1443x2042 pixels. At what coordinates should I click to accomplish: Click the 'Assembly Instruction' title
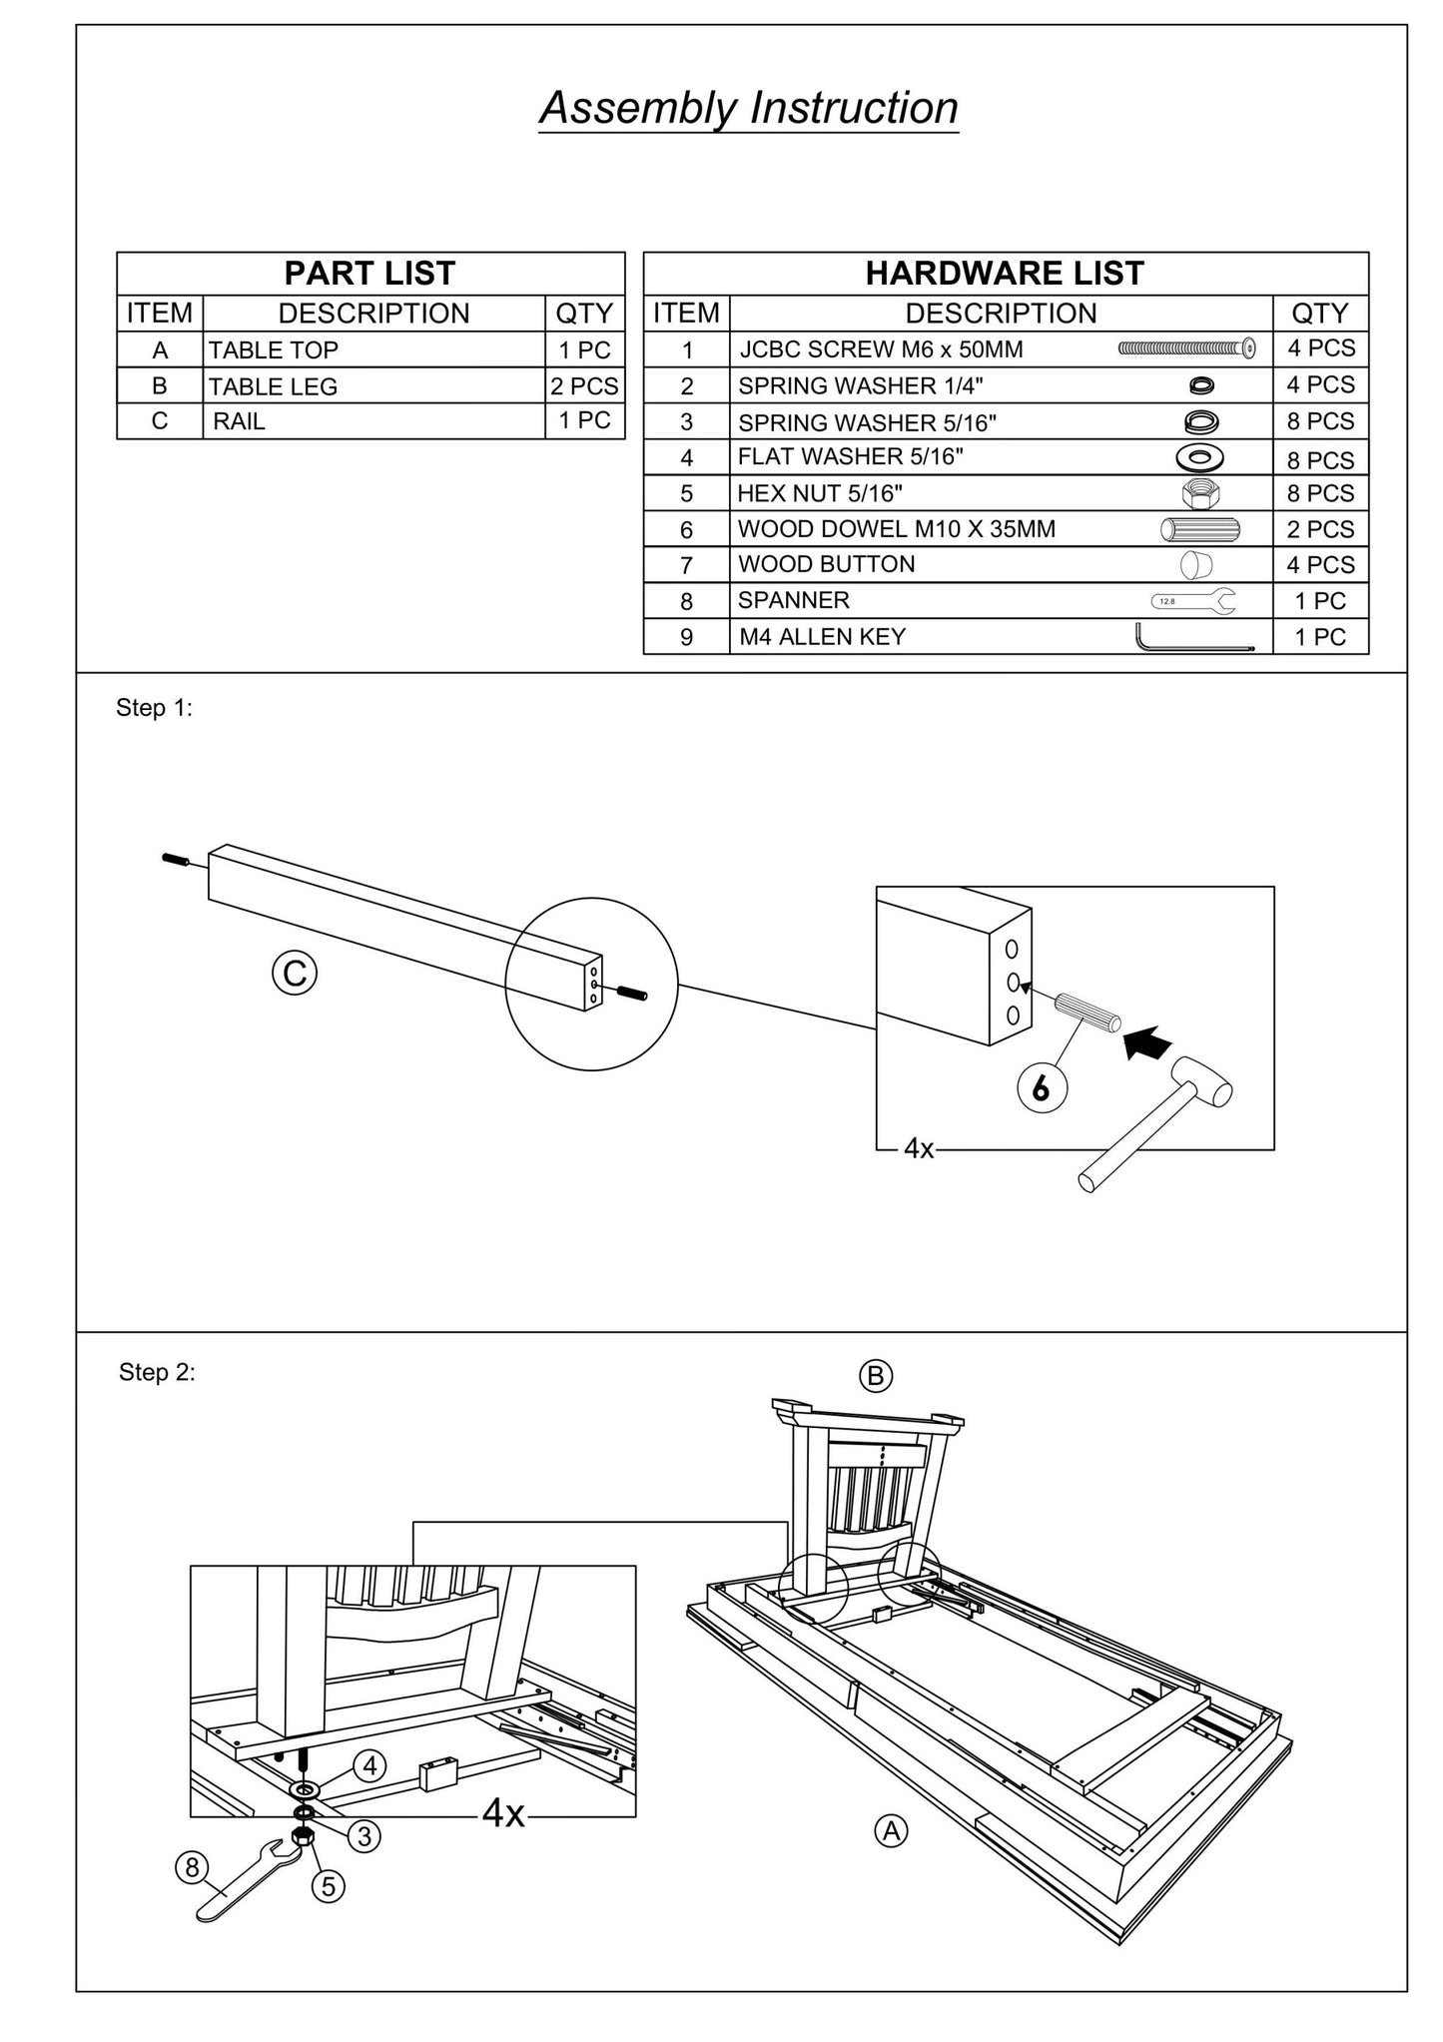[748, 109]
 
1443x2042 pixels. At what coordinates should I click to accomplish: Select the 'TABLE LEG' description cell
[273, 386]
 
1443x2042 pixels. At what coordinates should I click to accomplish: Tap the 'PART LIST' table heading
[369, 274]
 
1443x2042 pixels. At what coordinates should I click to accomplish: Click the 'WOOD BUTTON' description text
[826, 564]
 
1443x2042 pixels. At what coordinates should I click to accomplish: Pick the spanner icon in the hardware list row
[1192, 601]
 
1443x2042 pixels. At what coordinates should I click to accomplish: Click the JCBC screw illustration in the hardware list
[1186, 348]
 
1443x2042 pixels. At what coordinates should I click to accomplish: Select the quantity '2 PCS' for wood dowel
[1320, 529]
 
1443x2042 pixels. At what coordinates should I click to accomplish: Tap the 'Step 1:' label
[154, 708]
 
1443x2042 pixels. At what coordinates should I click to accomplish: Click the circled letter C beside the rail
[295, 973]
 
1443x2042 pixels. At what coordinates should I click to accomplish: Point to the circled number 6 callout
[1042, 1089]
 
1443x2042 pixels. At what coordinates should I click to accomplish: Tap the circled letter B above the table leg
[876, 1377]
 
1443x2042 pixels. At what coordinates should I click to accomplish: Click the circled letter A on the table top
[891, 1830]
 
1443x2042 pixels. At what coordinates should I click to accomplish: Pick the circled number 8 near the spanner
[192, 1866]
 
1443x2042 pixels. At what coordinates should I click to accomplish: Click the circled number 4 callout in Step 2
[369, 1766]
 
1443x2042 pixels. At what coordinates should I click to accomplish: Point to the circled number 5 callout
[328, 1886]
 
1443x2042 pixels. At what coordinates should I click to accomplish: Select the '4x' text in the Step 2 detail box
[503, 1812]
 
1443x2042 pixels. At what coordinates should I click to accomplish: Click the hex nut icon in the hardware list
[1199, 493]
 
